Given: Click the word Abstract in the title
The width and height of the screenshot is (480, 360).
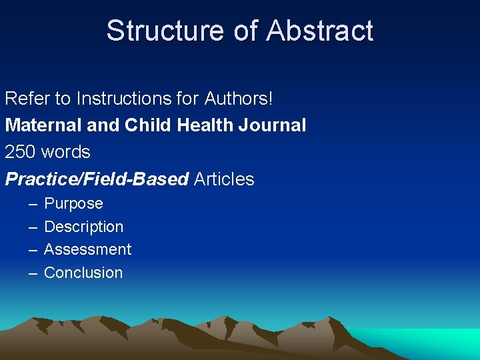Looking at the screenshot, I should click(x=321, y=31).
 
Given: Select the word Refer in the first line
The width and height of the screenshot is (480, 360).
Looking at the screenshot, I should click(x=27, y=99).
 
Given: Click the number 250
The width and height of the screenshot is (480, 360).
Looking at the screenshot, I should click(x=20, y=152).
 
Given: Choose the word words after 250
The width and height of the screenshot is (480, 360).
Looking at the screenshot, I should click(x=65, y=152).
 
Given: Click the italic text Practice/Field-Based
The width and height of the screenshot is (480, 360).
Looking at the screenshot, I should click(x=97, y=179).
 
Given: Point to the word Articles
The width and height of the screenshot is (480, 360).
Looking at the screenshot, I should click(x=224, y=179).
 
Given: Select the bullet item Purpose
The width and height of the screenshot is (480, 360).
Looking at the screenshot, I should click(x=73, y=204).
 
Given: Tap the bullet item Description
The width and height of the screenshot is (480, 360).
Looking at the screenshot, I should click(x=83, y=227).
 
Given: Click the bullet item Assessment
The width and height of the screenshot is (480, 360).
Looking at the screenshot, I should click(x=87, y=249).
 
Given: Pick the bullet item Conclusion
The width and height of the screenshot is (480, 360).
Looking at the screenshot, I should click(x=83, y=273).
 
